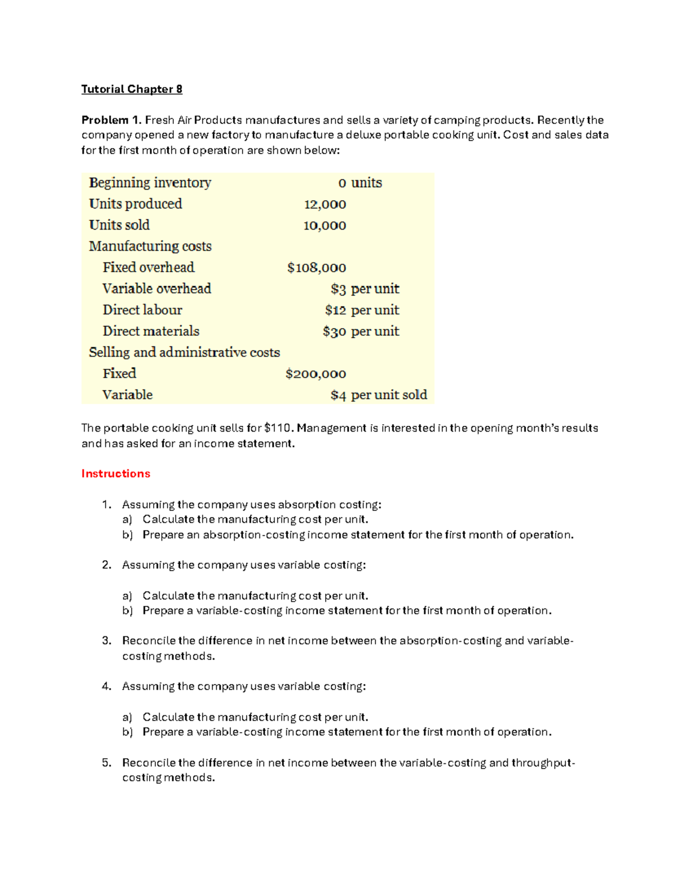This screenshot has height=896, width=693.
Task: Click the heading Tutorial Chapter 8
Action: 132,89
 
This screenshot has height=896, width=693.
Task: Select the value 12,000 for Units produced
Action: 325,204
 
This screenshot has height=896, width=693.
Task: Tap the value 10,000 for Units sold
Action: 325,226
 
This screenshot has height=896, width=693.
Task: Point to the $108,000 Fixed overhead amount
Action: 316,268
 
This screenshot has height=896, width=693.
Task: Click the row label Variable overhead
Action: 157,288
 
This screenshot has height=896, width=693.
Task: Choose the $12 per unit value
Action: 362,310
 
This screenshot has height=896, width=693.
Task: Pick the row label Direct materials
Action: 151,331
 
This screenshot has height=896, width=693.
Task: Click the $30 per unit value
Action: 361,332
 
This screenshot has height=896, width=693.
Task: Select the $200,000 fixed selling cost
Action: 316,374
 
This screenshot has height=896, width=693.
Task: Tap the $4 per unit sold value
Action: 379,395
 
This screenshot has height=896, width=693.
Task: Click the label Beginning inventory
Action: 150,183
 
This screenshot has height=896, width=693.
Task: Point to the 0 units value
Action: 360,183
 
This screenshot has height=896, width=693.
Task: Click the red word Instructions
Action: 115,474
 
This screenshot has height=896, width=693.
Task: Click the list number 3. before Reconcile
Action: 106,640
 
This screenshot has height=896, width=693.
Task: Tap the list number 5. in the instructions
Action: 106,763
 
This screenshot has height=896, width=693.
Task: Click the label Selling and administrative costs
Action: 184,353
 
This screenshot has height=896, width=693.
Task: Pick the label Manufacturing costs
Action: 150,246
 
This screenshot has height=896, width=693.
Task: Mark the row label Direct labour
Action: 142,310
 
